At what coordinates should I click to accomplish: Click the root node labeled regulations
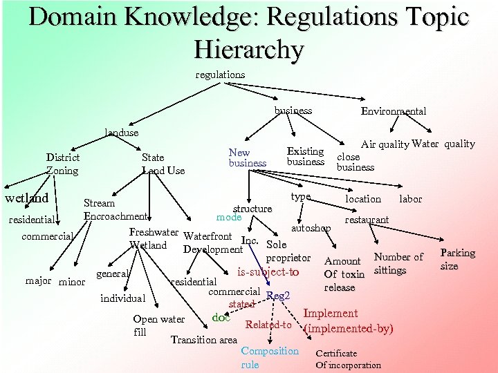coord(220,75)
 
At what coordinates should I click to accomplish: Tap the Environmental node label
coord(394,111)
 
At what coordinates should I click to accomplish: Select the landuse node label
coord(121,132)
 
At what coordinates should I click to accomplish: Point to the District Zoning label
coord(63,164)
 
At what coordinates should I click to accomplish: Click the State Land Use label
coord(163,164)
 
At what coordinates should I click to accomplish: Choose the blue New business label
coord(247,157)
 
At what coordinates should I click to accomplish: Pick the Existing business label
coord(305,156)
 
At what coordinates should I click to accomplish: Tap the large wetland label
coord(27,198)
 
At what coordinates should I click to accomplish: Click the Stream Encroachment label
coord(116,209)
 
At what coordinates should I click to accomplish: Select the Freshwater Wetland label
coord(153,239)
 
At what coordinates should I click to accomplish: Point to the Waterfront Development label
coord(212,243)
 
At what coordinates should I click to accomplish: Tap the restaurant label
coord(367,220)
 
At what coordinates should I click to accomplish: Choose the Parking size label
coord(457,259)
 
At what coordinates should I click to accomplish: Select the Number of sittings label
coord(398,263)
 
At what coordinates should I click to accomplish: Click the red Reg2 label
coord(277,296)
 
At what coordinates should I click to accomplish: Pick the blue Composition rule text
coord(269,357)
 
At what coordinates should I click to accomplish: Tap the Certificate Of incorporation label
coord(348,358)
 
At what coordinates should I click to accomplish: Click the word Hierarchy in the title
coord(248,49)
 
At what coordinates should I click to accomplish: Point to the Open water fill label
coord(158,325)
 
